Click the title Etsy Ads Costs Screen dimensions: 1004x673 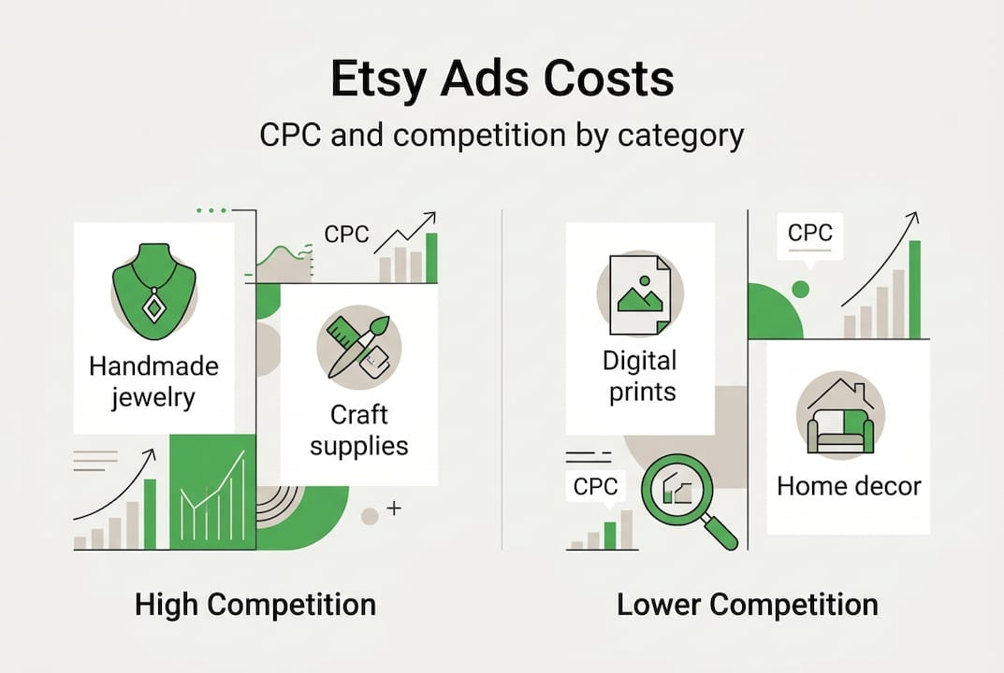point(502,79)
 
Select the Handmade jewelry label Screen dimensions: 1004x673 point(153,382)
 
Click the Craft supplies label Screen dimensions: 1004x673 point(359,431)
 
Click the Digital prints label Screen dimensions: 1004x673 point(640,376)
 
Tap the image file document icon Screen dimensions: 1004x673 point(640,294)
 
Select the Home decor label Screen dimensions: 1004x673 point(849,486)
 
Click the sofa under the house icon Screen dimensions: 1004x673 point(841,431)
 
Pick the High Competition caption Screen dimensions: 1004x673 point(255,605)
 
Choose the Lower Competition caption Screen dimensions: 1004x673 point(748,605)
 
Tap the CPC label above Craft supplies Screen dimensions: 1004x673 point(346,234)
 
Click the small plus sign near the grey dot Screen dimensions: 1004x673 point(395,508)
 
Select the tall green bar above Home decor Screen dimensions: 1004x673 point(915,290)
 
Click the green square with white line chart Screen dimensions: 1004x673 point(212,492)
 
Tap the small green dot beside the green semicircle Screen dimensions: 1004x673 point(800,289)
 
